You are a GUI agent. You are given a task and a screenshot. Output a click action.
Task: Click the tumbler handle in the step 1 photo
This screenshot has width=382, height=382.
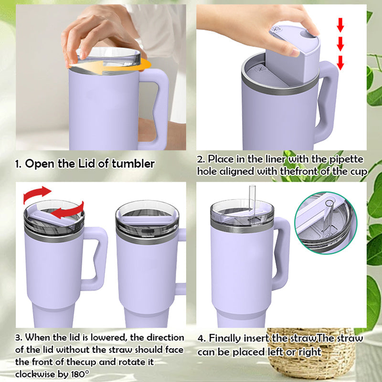pyautogui.click(x=158, y=103)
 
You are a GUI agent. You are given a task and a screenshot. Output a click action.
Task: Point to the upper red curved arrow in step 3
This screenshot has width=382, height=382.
pyautogui.click(x=37, y=194)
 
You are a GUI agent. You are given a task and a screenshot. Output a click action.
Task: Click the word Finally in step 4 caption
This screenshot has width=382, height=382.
pyautogui.click(x=227, y=338)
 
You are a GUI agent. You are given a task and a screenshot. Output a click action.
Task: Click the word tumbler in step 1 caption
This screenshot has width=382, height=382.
pyautogui.click(x=133, y=164)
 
